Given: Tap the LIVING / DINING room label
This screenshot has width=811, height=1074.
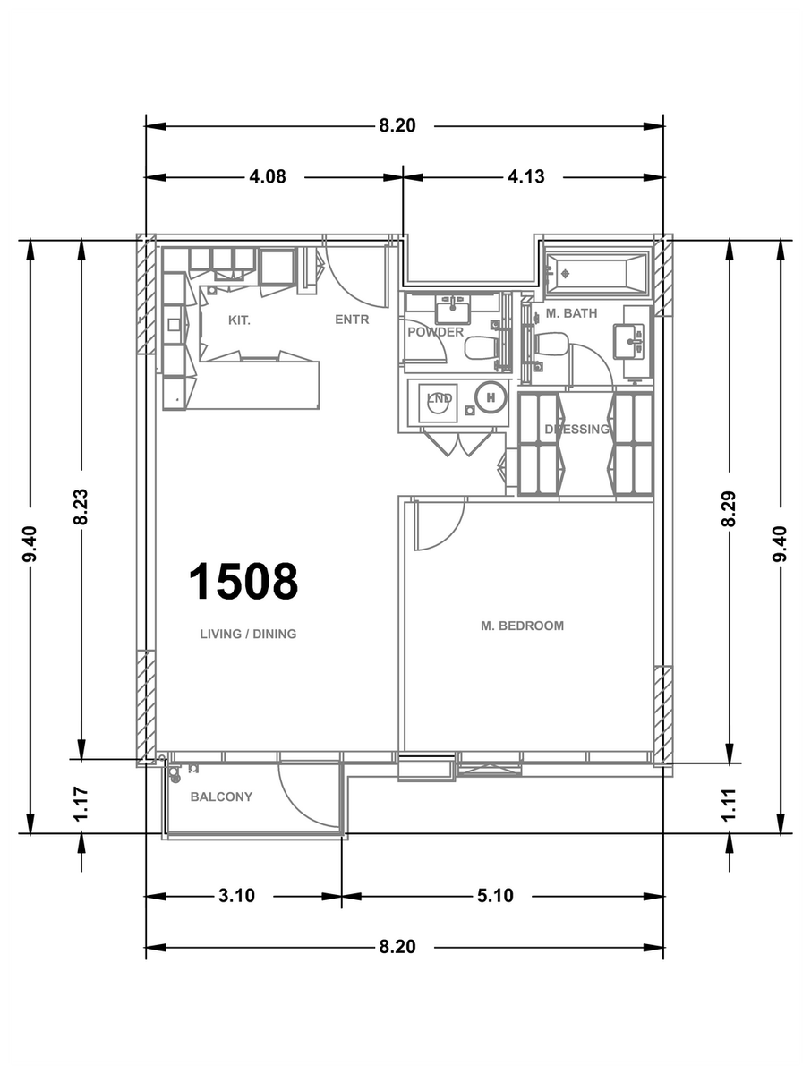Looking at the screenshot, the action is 248,634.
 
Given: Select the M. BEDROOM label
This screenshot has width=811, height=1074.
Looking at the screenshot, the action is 522,626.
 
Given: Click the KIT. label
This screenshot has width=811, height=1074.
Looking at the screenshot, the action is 239,320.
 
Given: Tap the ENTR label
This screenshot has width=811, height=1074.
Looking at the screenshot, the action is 352,320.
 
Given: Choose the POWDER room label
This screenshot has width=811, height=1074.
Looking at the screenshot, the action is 435,332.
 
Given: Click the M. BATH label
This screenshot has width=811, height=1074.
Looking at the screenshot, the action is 571,313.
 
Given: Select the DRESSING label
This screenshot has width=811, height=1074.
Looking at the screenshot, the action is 576,429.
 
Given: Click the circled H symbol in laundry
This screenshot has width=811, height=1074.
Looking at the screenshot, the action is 491,397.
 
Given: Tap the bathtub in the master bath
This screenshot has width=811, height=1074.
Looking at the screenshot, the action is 597,274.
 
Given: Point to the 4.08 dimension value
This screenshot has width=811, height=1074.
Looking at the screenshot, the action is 268,176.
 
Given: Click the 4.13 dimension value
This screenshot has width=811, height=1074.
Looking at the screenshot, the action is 525,176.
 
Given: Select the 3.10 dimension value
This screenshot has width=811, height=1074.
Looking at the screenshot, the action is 236,896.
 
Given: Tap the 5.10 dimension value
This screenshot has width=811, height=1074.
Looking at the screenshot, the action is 495,896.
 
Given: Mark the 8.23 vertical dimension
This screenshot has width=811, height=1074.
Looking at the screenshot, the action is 81,507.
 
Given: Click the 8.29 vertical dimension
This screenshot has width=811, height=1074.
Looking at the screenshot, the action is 730,508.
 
